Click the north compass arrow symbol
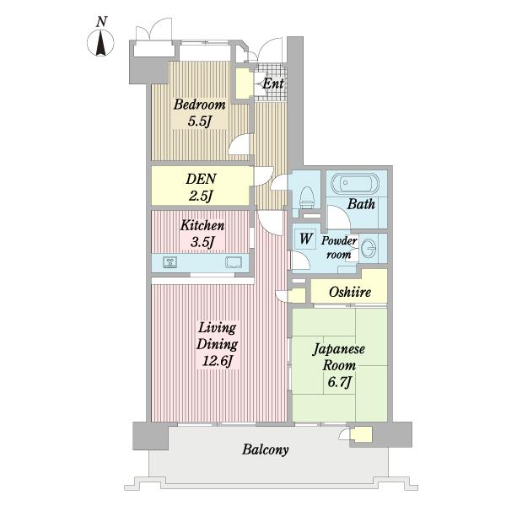point(100,43)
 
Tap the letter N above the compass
point(101,22)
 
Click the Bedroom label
point(199,105)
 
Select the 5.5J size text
point(199,121)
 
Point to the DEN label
point(201,179)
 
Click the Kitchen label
point(202,225)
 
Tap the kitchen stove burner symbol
point(170,262)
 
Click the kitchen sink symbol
point(234,262)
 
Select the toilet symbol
point(307,197)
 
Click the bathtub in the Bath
point(355,184)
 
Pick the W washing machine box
point(305,239)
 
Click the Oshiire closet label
point(350,292)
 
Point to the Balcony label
point(266,449)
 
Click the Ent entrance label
point(273,83)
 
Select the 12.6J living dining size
point(218,361)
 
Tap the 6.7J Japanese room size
point(339,382)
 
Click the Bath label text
point(361,204)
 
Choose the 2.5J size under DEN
point(201,196)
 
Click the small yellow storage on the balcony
point(361,434)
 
